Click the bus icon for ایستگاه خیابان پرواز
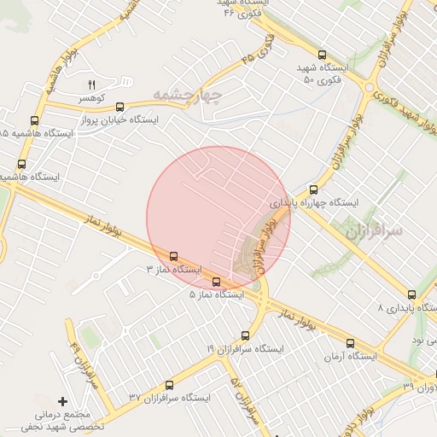click(119, 108)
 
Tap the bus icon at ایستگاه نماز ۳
click(174, 255)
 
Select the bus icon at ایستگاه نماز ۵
click(215, 282)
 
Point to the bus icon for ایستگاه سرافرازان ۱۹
click(246, 335)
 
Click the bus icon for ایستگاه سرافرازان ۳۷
click(169, 385)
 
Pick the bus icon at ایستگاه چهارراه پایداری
click(313, 189)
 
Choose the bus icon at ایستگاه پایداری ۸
click(412, 293)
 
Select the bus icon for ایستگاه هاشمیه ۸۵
click(34, 120)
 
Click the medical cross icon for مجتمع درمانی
click(61, 400)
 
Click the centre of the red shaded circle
click(218, 218)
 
